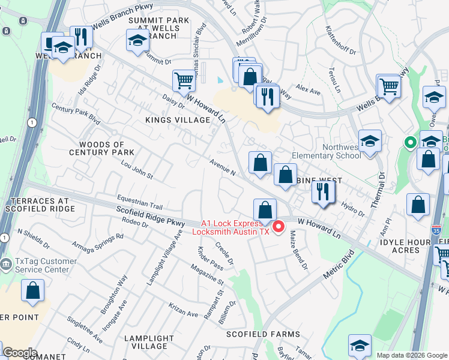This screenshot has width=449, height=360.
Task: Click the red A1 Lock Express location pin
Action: [x=279, y=226]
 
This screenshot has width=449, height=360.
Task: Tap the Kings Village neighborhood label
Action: [x=178, y=120]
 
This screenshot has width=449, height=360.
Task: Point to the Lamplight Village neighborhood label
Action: [x=145, y=342]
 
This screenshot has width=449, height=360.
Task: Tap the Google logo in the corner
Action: [x=19, y=353]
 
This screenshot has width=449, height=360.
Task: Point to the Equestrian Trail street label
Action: [x=140, y=202]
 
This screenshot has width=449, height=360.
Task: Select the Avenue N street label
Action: [x=222, y=167]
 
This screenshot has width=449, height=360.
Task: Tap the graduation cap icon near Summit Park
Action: [x=137, y=41]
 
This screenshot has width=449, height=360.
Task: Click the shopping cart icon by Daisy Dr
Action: [x=184, y=81]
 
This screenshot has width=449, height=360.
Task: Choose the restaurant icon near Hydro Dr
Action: [x=323, y=192]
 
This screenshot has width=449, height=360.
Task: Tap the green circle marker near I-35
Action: [x=410, y=143]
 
